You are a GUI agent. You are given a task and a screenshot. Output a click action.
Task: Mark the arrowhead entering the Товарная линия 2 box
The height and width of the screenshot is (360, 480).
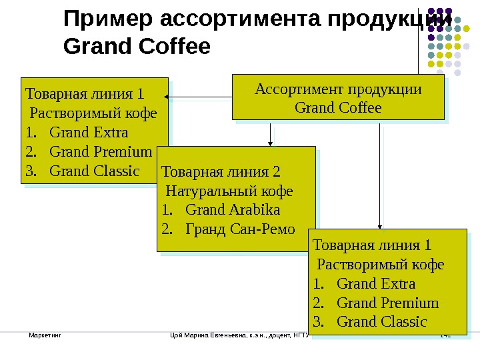[270, 143]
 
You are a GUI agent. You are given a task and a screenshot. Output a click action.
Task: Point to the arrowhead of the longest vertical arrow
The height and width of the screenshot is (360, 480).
[380, 226]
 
